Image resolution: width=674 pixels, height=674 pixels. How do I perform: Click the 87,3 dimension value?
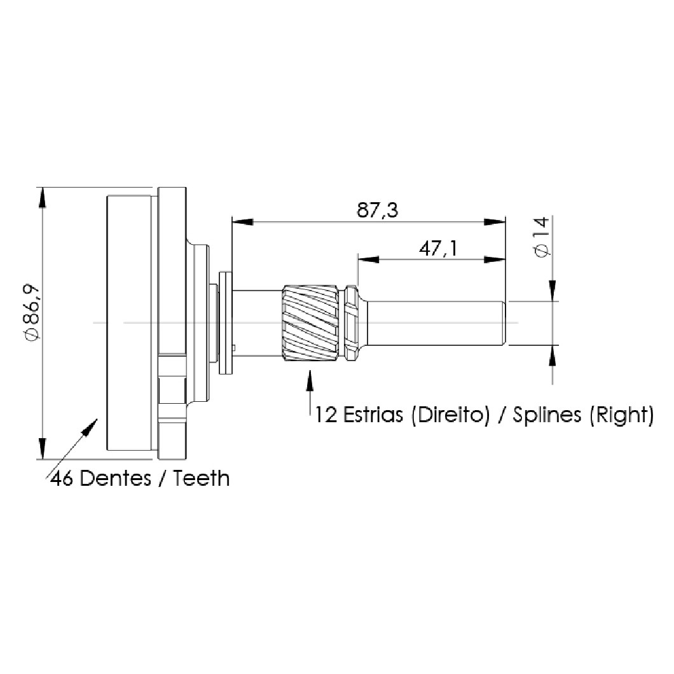tap(377, 210)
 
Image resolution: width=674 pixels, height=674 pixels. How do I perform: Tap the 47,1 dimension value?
tap(438, 249)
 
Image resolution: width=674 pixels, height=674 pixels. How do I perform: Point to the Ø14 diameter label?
tap(542, 236)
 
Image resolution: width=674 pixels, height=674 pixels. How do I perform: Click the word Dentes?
tap(116, 478)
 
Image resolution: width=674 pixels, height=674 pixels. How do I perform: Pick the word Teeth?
tap(201, 478)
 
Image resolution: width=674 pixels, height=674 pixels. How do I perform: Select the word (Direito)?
tap(450, 415)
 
